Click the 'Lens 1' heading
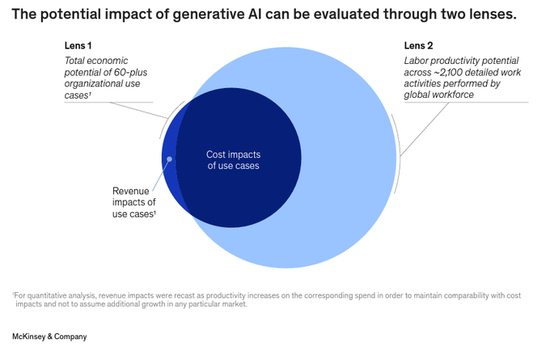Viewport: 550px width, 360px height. tap(78, 45)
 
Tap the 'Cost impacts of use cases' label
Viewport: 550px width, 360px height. tap(233, 159)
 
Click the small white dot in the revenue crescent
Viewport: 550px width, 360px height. tap(169, 159)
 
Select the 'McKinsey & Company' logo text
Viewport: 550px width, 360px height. tap(49, 336)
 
